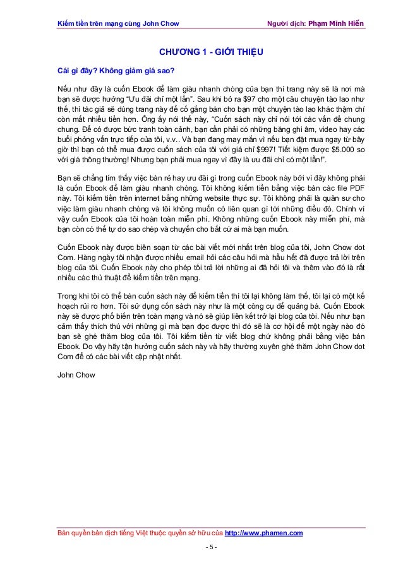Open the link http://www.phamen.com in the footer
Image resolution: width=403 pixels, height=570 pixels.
click(263, 533)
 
